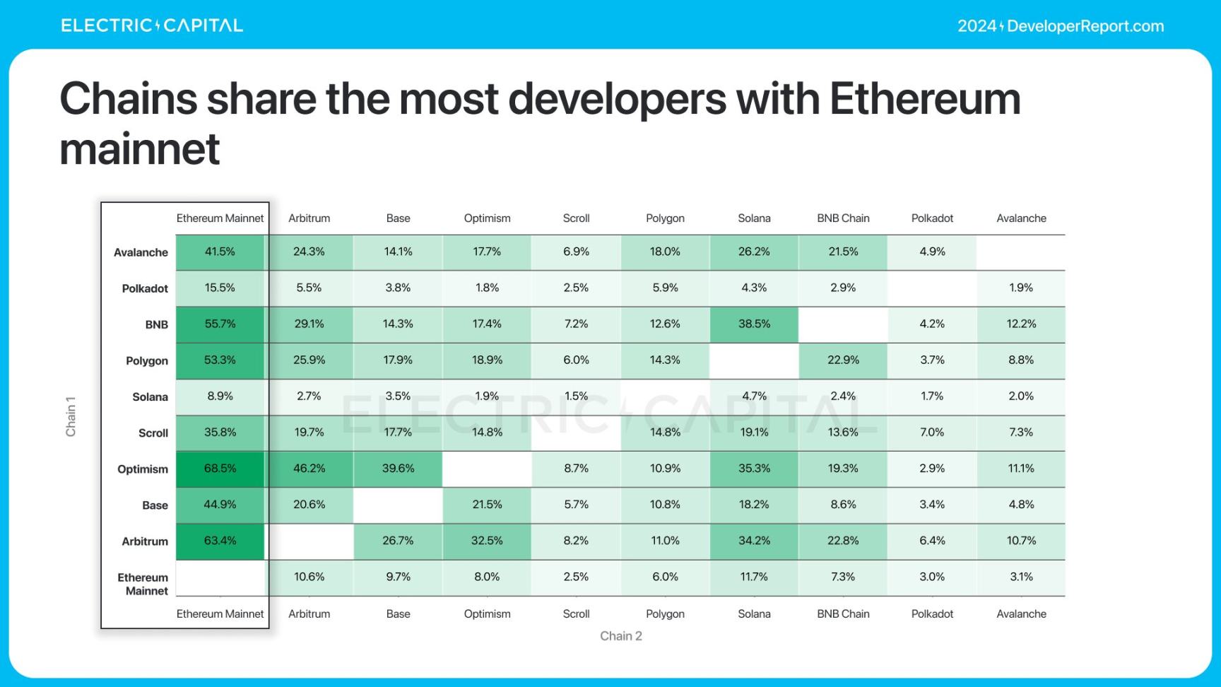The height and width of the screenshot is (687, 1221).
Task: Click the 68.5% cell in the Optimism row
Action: coord(220,469)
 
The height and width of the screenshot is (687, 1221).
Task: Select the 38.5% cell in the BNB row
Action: coord(754,324)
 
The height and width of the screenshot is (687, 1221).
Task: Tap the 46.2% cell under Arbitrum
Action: coord(309,469)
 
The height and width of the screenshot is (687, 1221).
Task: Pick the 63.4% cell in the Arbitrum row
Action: coord(220,541)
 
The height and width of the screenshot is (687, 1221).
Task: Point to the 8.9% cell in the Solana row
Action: coord(220,397)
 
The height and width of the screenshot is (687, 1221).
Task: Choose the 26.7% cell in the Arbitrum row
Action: coord(398,541)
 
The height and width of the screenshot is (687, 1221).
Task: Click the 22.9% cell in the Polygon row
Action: coord(843,360)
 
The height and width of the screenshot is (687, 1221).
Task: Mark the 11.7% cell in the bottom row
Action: coord(754,577)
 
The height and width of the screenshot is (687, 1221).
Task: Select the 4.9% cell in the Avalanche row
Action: coord(932,252)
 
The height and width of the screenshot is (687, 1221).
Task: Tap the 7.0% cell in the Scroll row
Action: coord(932,433)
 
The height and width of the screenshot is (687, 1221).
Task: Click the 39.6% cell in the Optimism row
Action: coord(398,469)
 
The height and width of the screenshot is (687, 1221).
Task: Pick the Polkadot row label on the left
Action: coord(145,288)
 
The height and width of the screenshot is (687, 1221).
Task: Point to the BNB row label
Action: coord(156,324)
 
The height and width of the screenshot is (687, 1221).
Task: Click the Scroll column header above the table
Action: coord(576,218)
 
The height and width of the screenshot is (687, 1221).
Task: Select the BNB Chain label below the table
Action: coord(843,614)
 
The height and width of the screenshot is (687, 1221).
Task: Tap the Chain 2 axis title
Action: coord(621,636)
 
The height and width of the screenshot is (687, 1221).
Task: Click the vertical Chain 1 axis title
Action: coord(71,416)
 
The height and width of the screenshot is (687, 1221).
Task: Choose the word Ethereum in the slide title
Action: coord(925,98)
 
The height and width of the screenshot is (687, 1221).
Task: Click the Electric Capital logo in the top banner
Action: coord(152,26)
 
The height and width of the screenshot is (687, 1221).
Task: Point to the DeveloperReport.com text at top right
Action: coord(1085,26)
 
